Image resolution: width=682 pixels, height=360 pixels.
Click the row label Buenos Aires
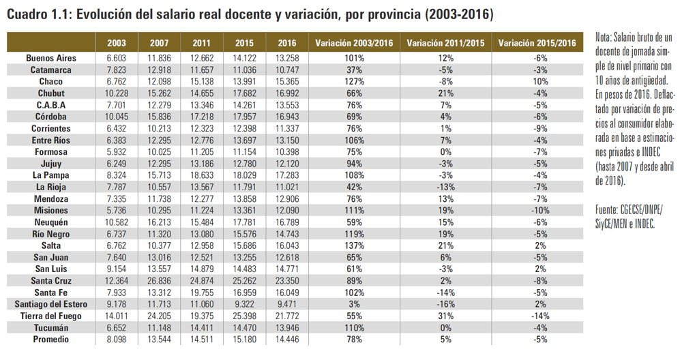(51, 58)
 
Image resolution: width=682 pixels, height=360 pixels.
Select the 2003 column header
(117, 43)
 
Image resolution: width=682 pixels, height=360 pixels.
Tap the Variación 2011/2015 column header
(445, 43)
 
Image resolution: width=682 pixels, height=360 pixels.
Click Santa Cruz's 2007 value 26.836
(159, 281)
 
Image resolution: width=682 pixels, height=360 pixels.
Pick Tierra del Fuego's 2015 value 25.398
(244, 316)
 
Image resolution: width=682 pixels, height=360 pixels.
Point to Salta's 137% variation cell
(354, 245)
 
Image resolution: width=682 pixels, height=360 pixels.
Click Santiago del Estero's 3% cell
(354, 304)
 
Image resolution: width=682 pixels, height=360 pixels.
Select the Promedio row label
(51, 340)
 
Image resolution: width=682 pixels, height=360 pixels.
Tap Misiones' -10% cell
(540, 211)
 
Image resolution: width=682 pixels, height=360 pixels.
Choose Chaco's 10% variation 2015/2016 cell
(540, 81)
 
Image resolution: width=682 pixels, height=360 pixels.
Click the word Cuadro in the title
(27, 14)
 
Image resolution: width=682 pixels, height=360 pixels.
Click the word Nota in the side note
(604, 37)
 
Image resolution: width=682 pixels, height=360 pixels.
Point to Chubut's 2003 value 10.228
(117, 93)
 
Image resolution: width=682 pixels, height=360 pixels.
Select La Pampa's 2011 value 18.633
(201, 175)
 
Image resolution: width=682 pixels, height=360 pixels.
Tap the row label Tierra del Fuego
(51, 316)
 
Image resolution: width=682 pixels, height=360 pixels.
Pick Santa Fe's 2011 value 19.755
(201, 292)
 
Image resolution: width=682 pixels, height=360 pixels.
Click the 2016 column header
(287, 43)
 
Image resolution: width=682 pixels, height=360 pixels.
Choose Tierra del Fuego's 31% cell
(446, 316)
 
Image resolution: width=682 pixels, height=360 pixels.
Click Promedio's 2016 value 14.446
(287, 340)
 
